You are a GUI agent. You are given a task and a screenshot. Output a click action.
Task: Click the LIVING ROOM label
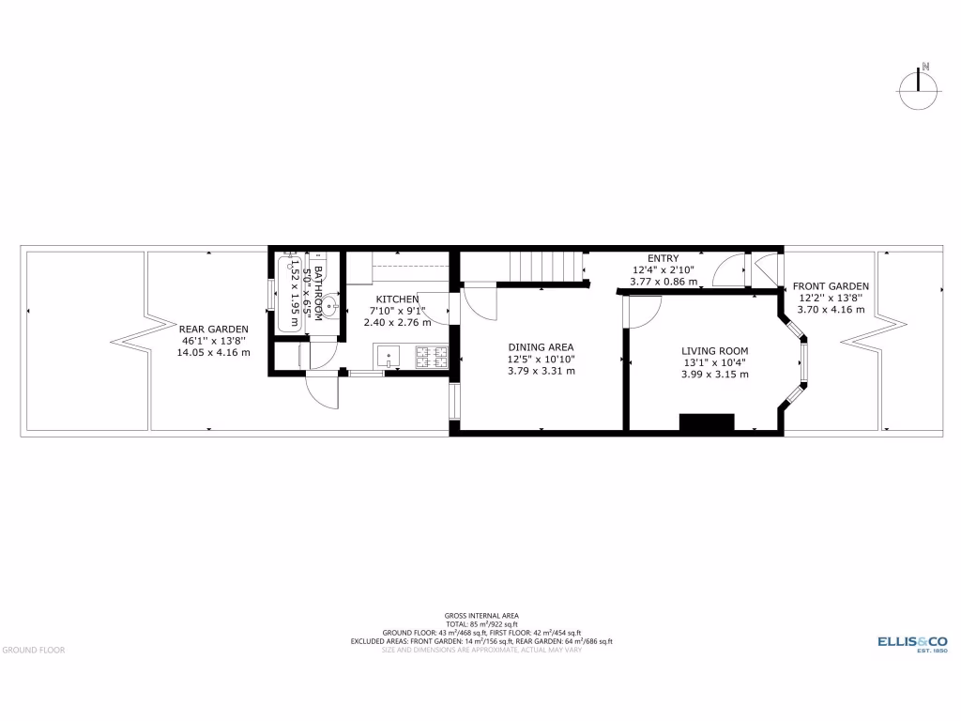[x=715, y=351]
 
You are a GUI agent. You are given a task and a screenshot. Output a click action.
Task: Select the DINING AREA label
[x=541, y=347]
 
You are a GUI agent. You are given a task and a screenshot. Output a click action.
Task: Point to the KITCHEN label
[x=397, y=299]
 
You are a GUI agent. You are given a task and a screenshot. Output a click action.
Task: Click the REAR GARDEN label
[x=214, y=329]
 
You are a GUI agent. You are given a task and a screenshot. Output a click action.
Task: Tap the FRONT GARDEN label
[x=831, y=286]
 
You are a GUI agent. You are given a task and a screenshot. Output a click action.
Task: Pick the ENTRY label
[x=664, y=259]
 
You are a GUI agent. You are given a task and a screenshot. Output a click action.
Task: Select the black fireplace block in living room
[x=706, y=422]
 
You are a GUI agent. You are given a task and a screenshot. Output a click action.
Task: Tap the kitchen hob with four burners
[x=432, y=357]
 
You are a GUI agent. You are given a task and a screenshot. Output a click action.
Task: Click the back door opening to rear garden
[x=322, y=390]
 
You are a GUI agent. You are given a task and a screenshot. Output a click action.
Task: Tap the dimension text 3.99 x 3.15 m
[x=715, y=374]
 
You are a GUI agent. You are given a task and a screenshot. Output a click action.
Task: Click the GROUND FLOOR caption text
[x=33, y=649]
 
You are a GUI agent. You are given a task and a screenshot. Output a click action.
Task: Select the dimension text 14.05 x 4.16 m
[x=214, y=353]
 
